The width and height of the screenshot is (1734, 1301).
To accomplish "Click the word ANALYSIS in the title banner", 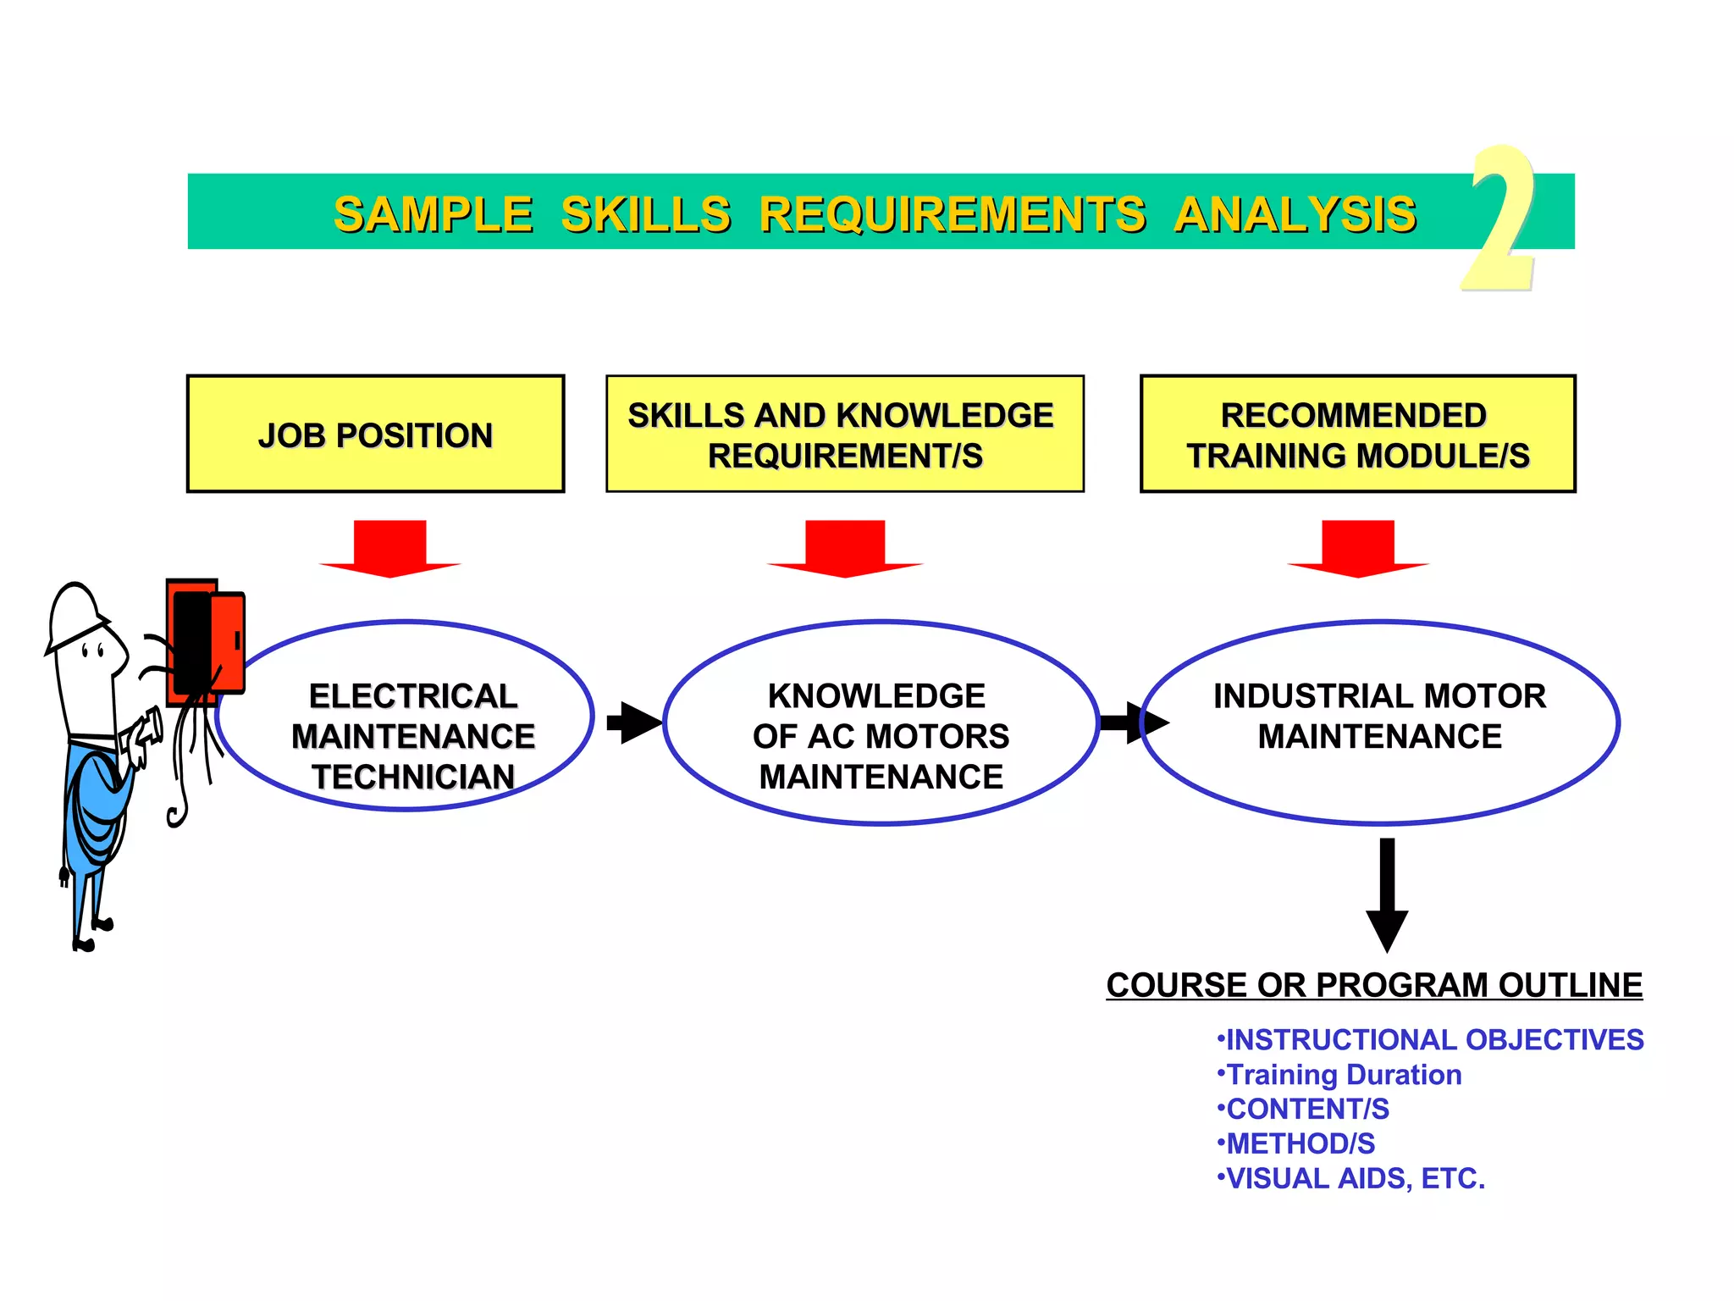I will tap(1295, 214).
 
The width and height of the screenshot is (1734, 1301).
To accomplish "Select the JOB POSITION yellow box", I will tap(375, 434).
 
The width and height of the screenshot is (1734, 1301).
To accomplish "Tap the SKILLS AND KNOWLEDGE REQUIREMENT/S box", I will tap(844, 434).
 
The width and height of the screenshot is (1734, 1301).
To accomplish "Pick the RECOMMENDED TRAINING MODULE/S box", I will tap(1357, 434).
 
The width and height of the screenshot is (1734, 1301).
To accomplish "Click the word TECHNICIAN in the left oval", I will tap(413, 777).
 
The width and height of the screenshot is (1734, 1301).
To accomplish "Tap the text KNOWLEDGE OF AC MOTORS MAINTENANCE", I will tap(881, 735).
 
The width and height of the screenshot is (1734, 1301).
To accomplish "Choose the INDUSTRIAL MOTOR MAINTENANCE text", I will tap(1379, 716).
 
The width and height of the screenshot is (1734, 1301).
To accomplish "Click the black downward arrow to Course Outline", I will tap(1387, 894).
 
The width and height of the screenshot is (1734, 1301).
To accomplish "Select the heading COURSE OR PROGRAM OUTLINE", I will tap(1373, 985).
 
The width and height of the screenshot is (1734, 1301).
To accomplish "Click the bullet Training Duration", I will tap(1342, 1074).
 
